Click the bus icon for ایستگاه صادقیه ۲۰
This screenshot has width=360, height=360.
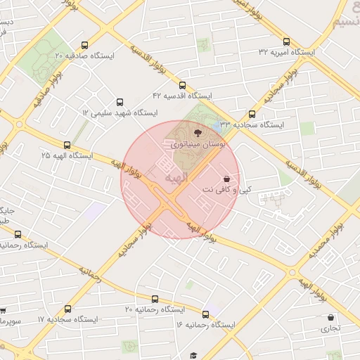pos(85,44)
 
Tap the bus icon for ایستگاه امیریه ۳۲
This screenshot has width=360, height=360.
pos(286,41)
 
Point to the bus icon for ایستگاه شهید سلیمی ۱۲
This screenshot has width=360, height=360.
pos(119,102)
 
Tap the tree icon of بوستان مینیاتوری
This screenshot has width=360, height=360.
pos(196,131)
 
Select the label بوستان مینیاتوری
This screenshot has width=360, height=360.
pos(198,144)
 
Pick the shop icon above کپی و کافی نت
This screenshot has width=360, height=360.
pos(226,179)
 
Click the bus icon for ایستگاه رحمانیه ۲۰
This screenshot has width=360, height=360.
pos(155,299)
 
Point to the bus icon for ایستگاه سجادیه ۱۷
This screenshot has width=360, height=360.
pos(67,309)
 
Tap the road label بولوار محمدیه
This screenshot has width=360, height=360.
pos(328,241)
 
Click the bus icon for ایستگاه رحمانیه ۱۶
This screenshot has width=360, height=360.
pos(206,314)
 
